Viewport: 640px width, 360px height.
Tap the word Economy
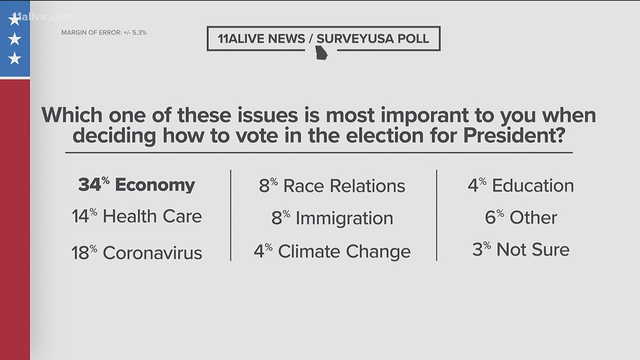pos(155,185)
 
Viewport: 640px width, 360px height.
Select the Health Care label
pos(152,216)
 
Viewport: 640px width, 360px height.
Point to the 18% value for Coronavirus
pos(85,252)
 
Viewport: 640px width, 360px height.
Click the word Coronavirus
pos(152,252)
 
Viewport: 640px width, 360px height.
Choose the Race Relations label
pos(344,186)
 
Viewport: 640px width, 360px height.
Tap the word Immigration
pos(344,218)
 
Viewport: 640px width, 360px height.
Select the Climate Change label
pos(344,251)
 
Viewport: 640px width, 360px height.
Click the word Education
pos(533,186)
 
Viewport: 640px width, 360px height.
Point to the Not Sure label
pos(533,249)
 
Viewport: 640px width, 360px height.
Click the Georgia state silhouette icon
pos(321,53)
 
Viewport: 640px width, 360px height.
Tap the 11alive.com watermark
pos(42,17)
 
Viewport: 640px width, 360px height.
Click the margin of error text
pos(104,33)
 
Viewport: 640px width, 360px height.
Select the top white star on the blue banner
pos(15,20)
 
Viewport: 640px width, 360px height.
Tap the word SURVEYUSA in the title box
pos(372,39)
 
